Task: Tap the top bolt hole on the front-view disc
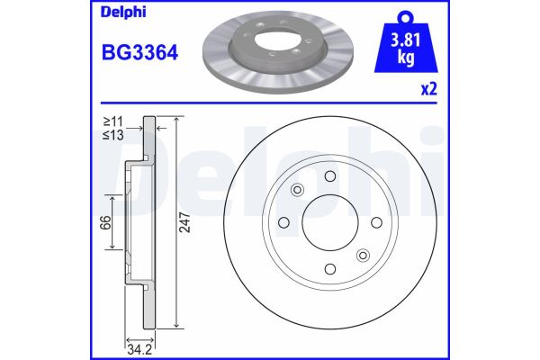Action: pyautogui.click(x=329, y=175)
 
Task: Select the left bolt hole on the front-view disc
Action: pyautogui.click(x=283, y=222)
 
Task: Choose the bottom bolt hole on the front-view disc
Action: pyautogui.click(x=329, y=269)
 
